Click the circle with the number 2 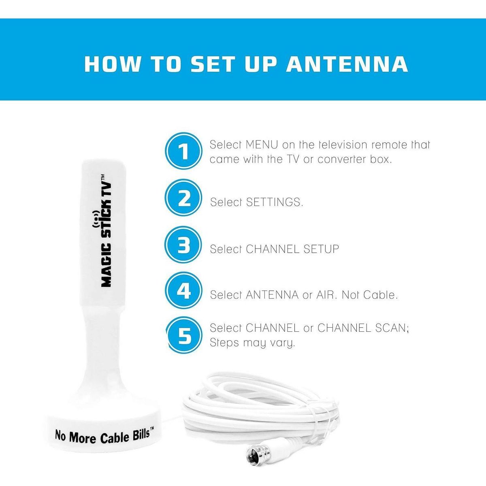[183, 198]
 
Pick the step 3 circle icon [183, 245]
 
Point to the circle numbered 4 [183, 291]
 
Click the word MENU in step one [262, 145]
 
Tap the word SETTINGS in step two [275, 202]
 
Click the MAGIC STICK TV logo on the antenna [106, 230]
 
